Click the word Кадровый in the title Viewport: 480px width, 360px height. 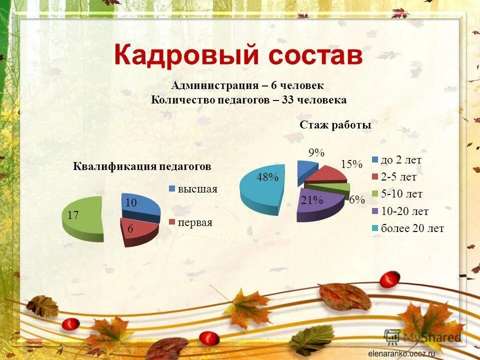pyautogui.click(x=186, y=55)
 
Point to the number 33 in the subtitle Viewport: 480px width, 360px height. pyautogui.click(x=287, y=100)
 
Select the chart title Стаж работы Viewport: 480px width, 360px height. pyautogui.click(x=335, y=125)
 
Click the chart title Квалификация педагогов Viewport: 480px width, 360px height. pyautogui.click(x=142, y=166)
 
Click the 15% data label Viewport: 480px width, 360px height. pyautogui.click(x=351, y=164)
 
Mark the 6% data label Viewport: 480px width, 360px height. pyautogui.click(x=356, y=199)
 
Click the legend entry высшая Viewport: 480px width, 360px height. pyautogui.click(x=198, y=189)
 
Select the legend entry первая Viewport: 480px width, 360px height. pyautogui.click(x=195, y=223)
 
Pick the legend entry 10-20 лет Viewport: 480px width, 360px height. pyautogui.click(x=404, y=211)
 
